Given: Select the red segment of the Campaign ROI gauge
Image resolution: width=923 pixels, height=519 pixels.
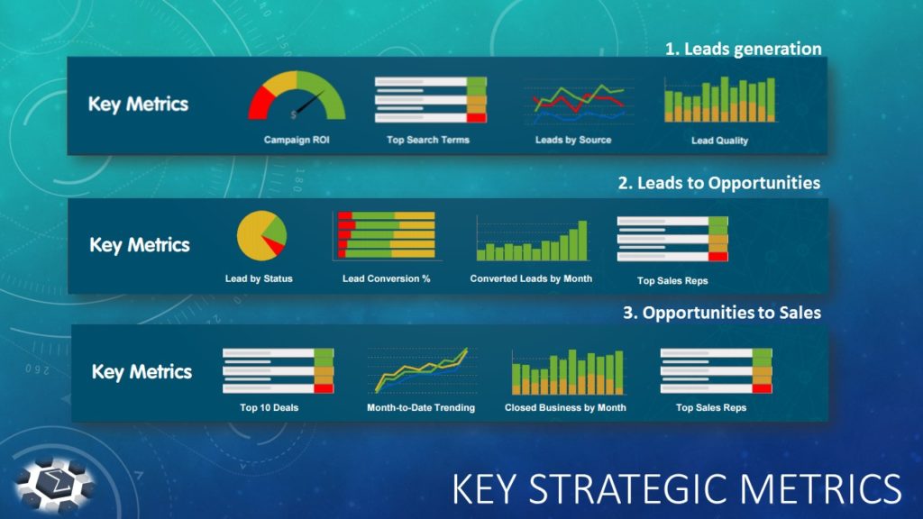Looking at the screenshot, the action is coord(260,105).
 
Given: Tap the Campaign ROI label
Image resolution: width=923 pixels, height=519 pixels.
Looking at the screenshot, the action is coord(297,140).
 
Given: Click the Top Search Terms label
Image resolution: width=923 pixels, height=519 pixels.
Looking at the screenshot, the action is coord(428,140).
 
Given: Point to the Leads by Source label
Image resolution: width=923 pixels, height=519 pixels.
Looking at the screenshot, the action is coord(572,140).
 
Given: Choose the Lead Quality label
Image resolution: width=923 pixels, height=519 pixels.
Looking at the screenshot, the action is coord(719,141).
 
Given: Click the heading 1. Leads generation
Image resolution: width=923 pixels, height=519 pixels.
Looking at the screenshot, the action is coord(744,49).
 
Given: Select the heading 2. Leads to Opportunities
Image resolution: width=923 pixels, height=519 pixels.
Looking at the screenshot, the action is coord(718,183).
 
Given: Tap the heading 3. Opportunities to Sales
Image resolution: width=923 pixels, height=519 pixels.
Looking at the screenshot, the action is coord(722,313).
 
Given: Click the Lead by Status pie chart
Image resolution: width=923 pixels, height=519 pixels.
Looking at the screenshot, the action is coord(261,235).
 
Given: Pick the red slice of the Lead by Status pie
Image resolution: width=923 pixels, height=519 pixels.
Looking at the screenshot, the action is coord(274,244).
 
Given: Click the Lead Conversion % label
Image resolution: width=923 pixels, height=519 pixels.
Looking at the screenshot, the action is coord(386,279).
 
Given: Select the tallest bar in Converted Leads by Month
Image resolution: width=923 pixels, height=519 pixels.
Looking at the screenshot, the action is coord(583,240).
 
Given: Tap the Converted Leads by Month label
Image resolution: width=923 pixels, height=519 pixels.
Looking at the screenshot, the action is coord(531,279).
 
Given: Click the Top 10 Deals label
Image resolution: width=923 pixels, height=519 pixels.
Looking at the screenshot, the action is coord(269,408).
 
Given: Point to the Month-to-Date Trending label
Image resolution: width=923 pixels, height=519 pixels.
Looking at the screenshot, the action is coord(420,408).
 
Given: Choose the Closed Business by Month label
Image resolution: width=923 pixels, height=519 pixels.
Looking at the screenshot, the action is coord(565,408).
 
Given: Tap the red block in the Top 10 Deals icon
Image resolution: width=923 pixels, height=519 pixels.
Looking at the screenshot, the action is coord(324,388).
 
